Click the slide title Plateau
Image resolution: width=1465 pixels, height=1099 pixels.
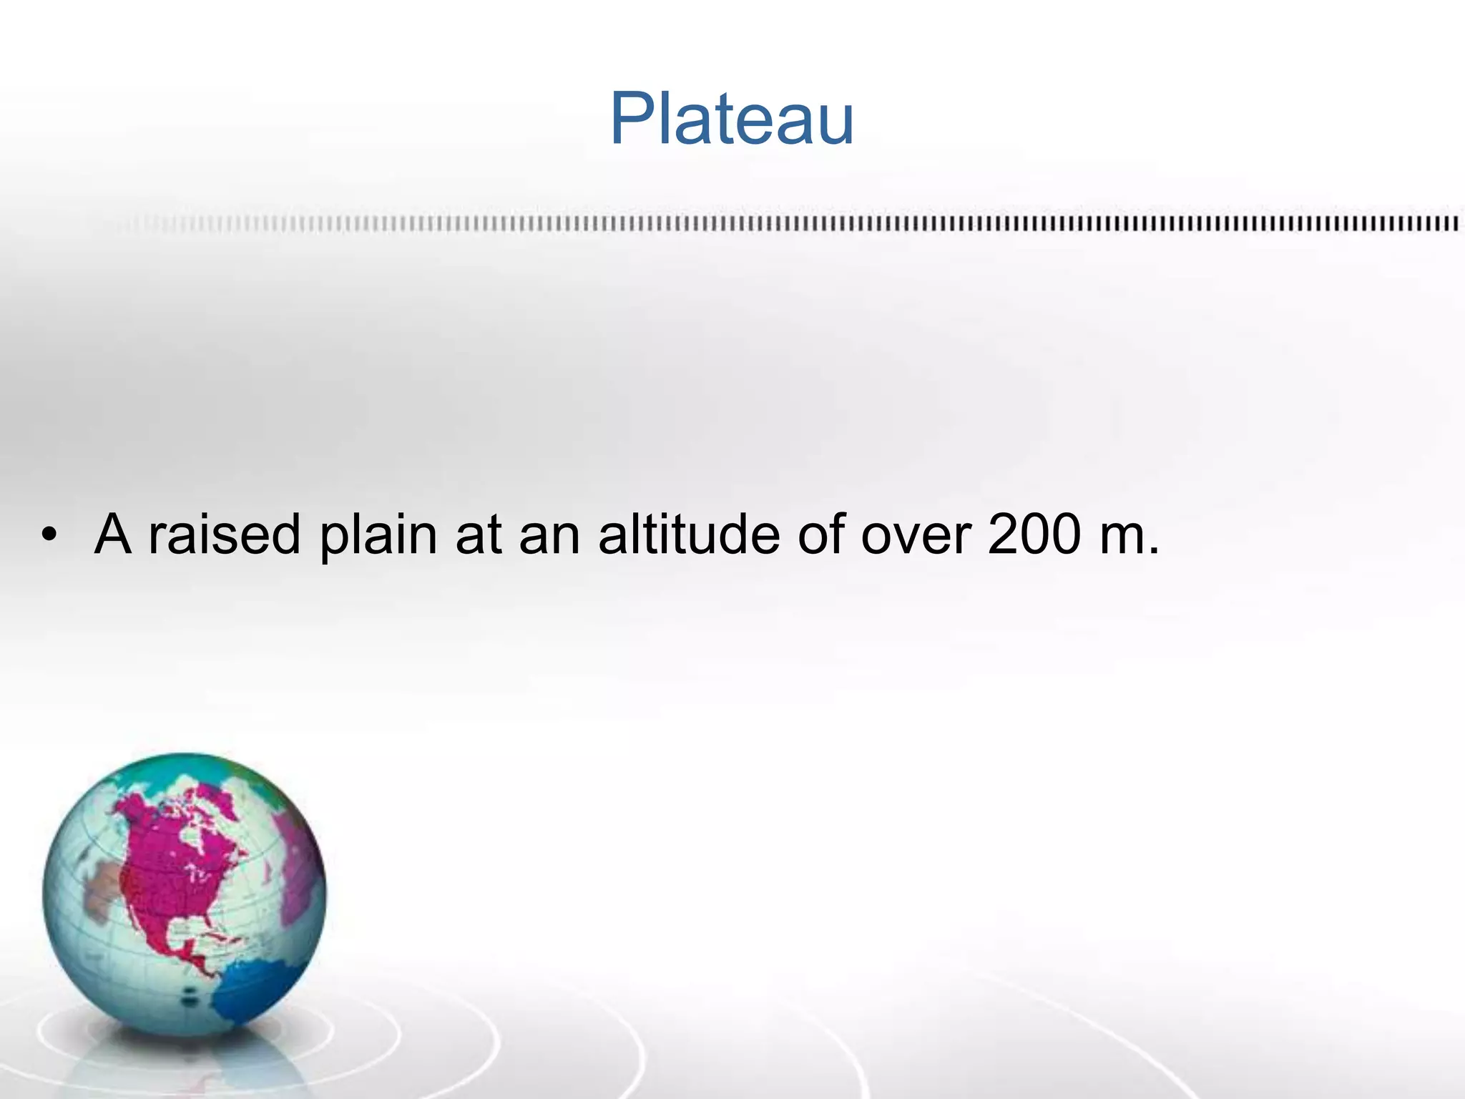732,119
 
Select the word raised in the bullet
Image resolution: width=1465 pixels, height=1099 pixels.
224,534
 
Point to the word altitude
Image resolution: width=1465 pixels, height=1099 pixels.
688,534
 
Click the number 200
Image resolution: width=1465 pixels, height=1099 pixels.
1033,534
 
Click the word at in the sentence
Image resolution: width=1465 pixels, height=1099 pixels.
478,534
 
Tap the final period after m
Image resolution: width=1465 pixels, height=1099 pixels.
1152,552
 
